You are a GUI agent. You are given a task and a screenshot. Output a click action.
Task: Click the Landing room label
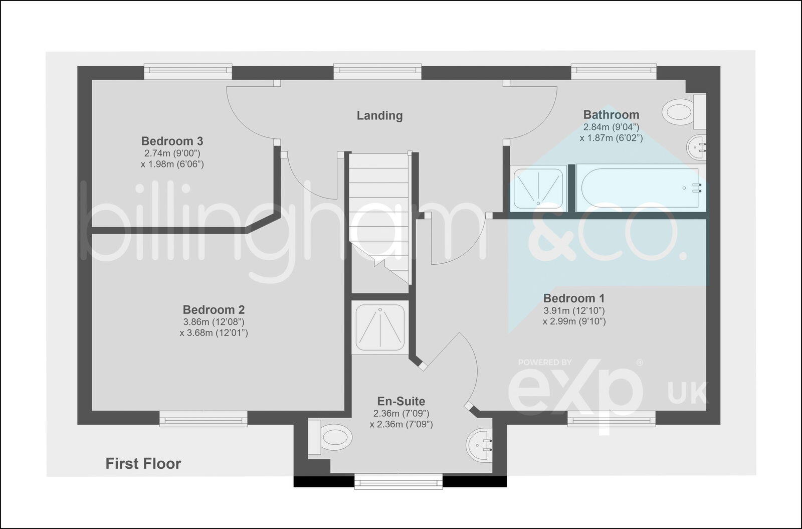click(x=379, y=115)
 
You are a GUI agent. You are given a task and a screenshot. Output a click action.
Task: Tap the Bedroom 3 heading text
click(x=172, y=141)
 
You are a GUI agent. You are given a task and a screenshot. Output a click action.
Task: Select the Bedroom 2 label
click(x=214, y=309)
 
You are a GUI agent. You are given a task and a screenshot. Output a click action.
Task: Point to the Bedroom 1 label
click(x=574, y=298)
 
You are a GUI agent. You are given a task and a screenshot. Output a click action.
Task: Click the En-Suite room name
click(x=401, y=401)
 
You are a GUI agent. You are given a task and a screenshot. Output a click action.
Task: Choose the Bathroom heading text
click(x=611, y=115)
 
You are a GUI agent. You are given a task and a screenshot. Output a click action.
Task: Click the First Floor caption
click(x=143, y=464)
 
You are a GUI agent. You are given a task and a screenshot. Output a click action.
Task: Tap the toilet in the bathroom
click(x=684, y=111)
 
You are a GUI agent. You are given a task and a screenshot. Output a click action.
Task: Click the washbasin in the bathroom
click(x=696, y=147)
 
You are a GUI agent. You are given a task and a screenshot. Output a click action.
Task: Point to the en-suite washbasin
click(x=479, y=444)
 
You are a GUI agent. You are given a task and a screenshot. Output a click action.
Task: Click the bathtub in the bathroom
click(x=641, y=188)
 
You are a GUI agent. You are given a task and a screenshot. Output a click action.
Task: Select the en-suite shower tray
click(x=380, y=327)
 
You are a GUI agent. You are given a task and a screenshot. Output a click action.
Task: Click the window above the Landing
click(x=377, y=71)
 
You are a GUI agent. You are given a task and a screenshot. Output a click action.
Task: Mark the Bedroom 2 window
click(x=204, y=419)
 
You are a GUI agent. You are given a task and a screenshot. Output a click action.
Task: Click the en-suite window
click(x=398, y=481)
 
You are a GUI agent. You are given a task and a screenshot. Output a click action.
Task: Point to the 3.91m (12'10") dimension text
click(x=574, y=310)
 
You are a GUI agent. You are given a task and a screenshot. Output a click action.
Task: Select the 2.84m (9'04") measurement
click(x=611, y=127)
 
